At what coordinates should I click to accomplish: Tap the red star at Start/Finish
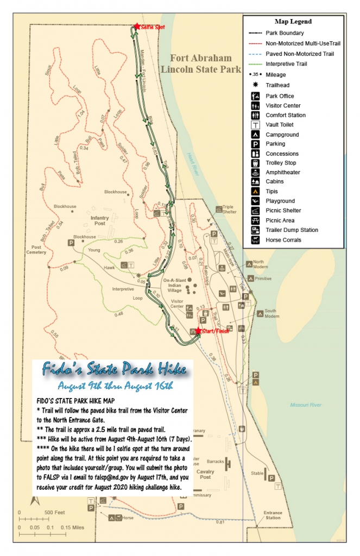click(x=199, y=330)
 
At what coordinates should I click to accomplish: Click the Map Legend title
click(x=293, y=22)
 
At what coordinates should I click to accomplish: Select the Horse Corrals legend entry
click(x=283, y=239)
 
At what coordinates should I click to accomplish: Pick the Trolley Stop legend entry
click(x=280, y=162)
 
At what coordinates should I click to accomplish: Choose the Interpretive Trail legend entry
click(x=287, y=64)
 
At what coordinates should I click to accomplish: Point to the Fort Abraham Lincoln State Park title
click(x=200, y=64)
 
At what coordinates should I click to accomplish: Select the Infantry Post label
click(x=99, y=220)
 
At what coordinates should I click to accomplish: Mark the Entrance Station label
click(x=273, y=515)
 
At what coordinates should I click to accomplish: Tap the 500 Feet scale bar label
click(x=54, y=512)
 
